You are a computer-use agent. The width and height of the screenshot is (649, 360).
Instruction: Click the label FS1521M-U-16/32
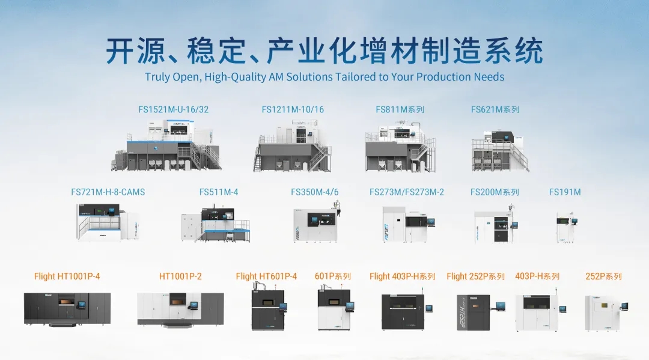coord(174,110)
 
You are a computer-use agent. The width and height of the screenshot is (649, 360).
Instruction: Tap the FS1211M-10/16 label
coord(293,110)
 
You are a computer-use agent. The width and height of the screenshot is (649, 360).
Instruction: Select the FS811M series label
coord(400,110)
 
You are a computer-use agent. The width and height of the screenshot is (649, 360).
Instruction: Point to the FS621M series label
coord(495,110)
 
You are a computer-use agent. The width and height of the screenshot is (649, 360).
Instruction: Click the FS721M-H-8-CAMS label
coord(108,192)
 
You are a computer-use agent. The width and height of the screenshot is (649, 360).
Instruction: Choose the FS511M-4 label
coord(219,192)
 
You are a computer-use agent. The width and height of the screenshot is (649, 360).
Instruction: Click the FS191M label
coord(565,192)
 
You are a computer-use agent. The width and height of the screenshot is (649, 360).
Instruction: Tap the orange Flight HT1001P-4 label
coord(67,276)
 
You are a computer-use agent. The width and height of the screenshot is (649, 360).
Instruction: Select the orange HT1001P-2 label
coord(180,276)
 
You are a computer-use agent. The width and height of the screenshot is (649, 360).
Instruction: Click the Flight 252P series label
coord(475,276)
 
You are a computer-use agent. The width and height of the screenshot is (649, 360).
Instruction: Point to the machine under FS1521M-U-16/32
coord(166,145)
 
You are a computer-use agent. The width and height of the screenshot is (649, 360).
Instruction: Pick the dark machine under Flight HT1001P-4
coord(67,310)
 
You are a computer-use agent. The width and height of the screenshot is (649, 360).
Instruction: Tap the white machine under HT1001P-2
coord(180,310)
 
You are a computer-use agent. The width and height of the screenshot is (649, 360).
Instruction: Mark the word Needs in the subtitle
coord(489,77)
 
